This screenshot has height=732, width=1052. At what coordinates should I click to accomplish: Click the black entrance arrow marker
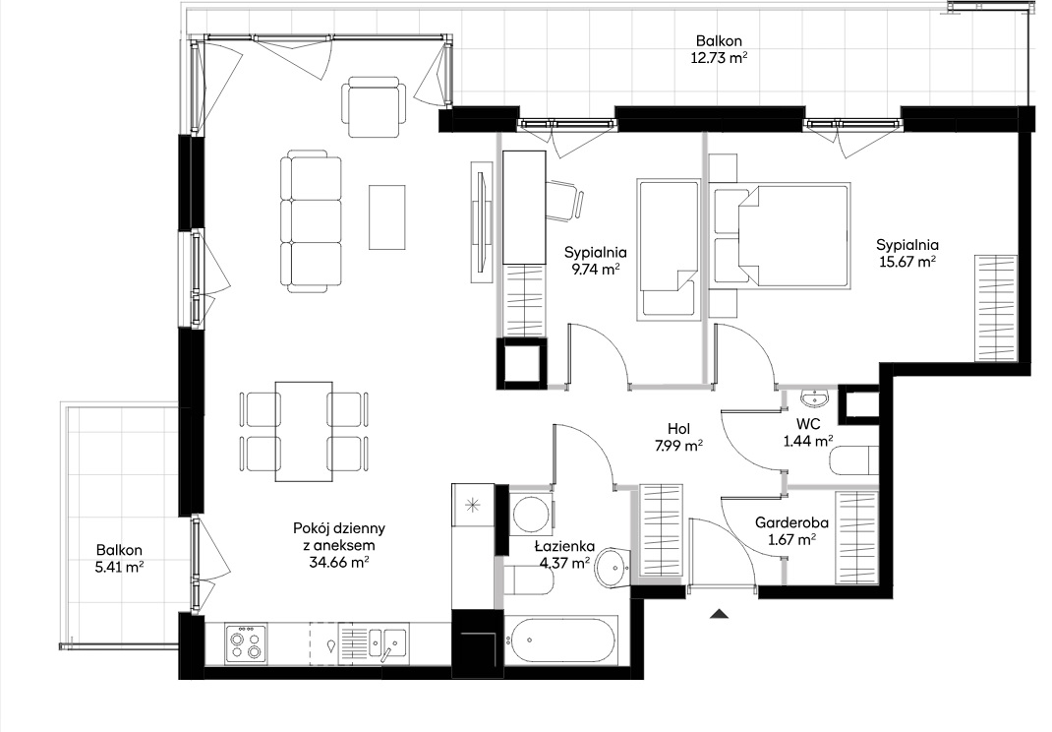(720, 613)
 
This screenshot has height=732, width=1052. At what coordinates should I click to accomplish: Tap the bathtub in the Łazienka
(558, 640)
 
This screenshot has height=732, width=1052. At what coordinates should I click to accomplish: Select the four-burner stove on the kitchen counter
(246, 644)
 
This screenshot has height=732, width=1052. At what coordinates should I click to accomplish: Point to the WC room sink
(815, 398)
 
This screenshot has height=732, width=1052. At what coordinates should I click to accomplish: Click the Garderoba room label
(791, 521)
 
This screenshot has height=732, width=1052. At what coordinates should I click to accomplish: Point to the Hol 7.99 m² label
(679, 436)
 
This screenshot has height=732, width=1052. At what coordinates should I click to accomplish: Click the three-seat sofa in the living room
(311, 221)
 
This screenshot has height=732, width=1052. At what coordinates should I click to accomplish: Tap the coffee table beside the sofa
(387, 216)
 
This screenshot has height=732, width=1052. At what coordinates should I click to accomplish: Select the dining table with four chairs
(304, 431)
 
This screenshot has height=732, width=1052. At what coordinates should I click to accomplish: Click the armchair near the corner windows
(374, 107)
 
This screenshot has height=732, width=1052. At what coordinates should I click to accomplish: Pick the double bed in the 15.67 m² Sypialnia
(782, 236)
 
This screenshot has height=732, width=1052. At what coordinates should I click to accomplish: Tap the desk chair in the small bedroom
(564, 200)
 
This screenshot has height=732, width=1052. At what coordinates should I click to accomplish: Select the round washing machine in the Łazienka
(530, 513)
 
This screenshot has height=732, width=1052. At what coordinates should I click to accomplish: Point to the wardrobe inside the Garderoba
(856, 537)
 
